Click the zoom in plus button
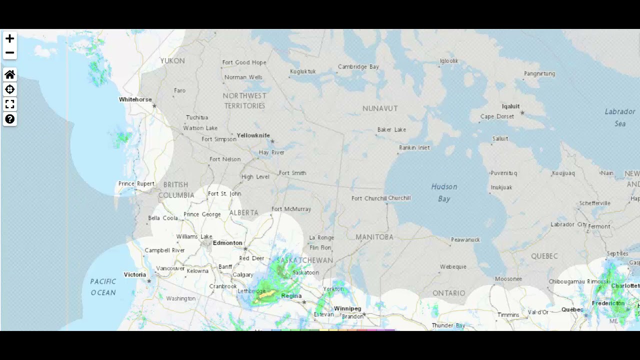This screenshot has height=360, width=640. coord(9,38)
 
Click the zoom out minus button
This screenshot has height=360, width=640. coord(9,52)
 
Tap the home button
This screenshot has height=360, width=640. coord(9,75)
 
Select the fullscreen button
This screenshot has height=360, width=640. coord(9,104)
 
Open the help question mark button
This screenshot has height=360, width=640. coord(9,119)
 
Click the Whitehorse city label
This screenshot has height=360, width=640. coord(135,99)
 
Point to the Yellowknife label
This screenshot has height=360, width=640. coord(253,135)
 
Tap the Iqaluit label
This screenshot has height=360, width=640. coord(510,106)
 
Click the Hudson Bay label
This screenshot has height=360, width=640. coord(444,192)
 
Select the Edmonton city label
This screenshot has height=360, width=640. coord(227,243)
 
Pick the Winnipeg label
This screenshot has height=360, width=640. coord(347,308)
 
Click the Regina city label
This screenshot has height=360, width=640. coord(291,296)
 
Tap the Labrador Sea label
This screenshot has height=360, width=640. coord(620,117)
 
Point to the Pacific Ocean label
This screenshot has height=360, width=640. coord(103,287)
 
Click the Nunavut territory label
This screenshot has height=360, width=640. coord(380,108)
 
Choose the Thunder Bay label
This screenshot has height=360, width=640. coord(448,325)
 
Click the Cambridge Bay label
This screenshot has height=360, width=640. coord(358,67)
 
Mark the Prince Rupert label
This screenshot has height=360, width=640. coord(136,184)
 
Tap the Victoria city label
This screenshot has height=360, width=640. coord(135,274)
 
